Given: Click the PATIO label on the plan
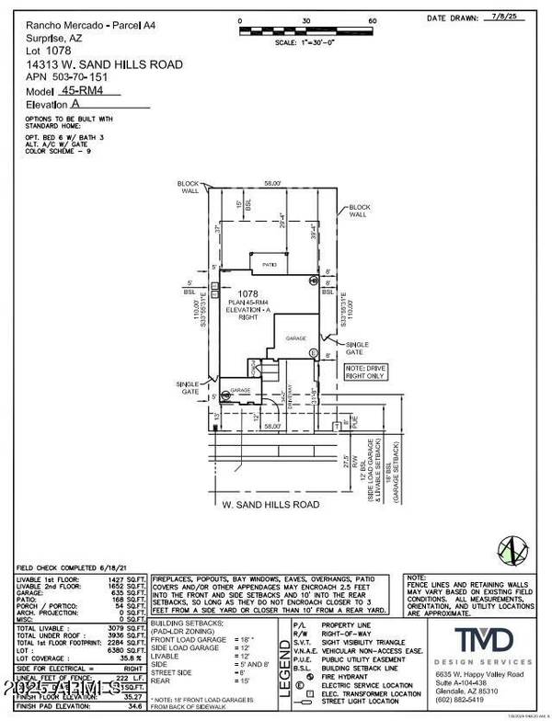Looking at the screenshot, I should [x=269, y=264].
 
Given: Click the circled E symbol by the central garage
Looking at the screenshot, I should [x=313, y=353].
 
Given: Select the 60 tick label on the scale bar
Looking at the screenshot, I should [x=374, y=19].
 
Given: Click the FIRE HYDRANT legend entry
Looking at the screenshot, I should [x=346, y=666].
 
